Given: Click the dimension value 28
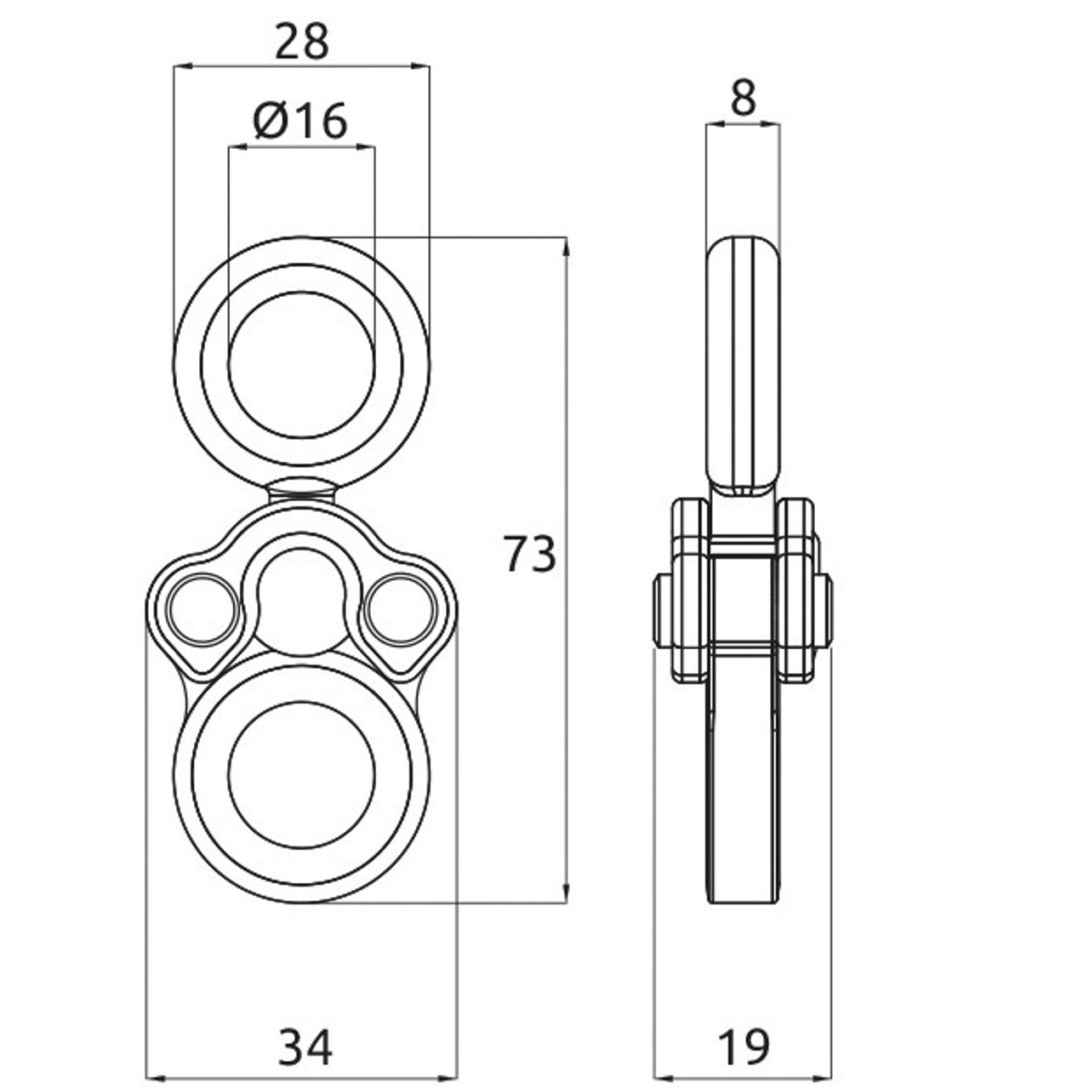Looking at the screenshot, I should point(301,42).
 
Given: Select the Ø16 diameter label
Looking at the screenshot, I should point(301,122).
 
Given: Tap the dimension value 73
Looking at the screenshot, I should point(529,554).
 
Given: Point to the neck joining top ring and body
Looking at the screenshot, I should point(301,489).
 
